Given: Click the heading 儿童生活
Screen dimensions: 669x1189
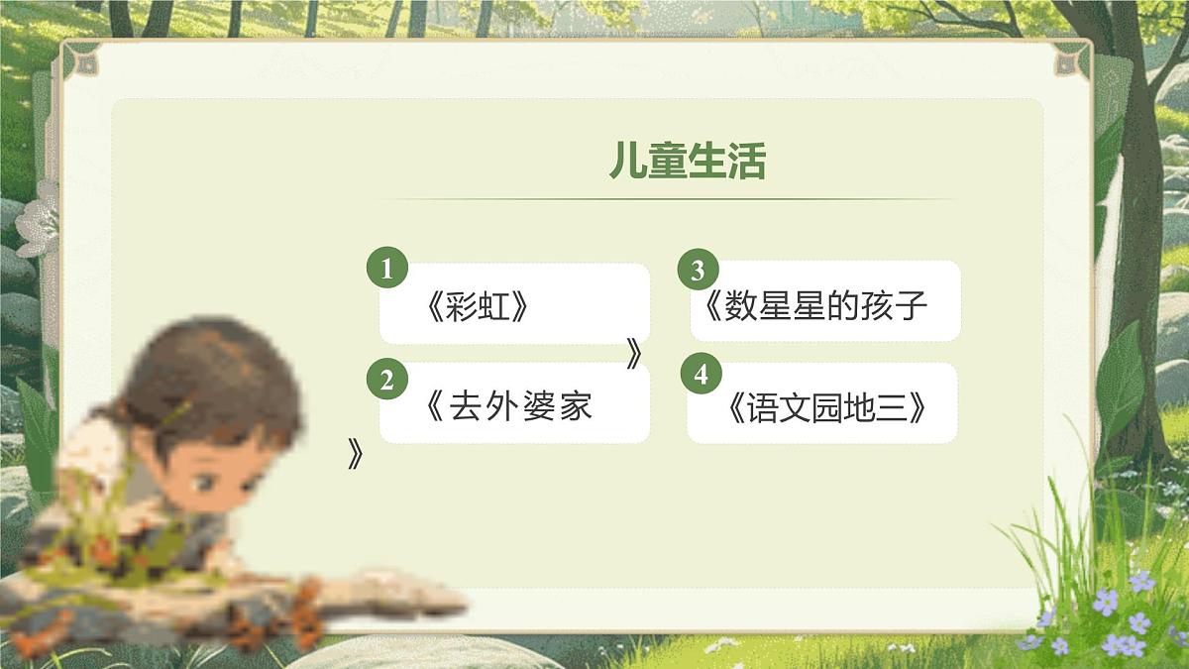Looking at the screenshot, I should (687, 162).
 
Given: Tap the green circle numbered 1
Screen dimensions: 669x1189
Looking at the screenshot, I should (387, 268).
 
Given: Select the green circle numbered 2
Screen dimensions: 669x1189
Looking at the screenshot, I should (387, 380).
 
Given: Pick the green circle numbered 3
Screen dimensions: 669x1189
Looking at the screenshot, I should (698, 271).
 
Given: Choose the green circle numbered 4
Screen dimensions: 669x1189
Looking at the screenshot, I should (702, 375).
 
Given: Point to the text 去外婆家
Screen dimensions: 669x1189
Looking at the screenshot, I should (520, 405).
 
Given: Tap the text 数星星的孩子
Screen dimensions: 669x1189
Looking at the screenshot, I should (825, 306).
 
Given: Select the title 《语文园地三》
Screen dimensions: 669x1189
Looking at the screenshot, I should (824, 408).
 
